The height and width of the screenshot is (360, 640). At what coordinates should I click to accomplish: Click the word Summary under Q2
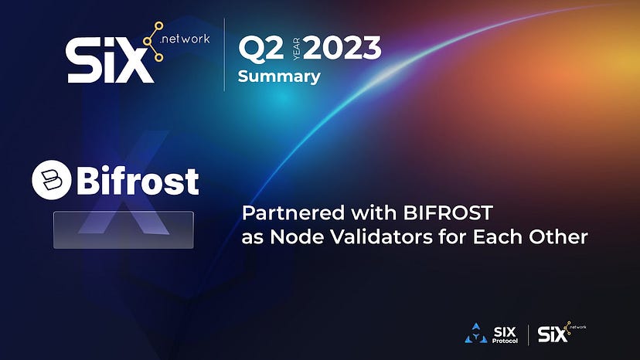click(x=279, y=76)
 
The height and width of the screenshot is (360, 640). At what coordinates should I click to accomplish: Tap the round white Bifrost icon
click(x=51, y=179)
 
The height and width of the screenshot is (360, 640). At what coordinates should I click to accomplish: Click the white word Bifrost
click(x=137, y=180)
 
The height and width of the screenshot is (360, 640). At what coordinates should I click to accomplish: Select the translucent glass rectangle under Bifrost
click(x=124, y=229)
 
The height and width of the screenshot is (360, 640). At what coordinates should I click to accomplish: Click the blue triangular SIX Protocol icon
click(x=475, y=335)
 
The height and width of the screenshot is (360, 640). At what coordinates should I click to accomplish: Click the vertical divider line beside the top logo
click(x=224, y=54)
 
